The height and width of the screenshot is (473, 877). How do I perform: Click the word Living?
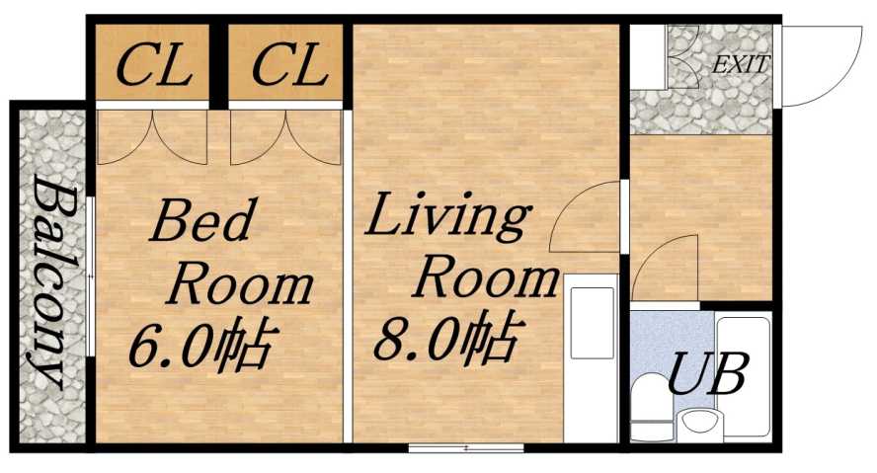click(x=447, y=218)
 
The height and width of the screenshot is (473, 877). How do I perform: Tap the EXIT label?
click(x=741, y=66)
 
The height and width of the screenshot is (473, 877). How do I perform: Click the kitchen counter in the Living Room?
click(x=591, y=364)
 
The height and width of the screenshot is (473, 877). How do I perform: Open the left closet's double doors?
click(x=153, y=136)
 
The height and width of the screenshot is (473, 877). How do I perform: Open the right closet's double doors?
click(x=286, y=136)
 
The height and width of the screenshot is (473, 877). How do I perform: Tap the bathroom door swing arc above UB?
click(x=664, y=269)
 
